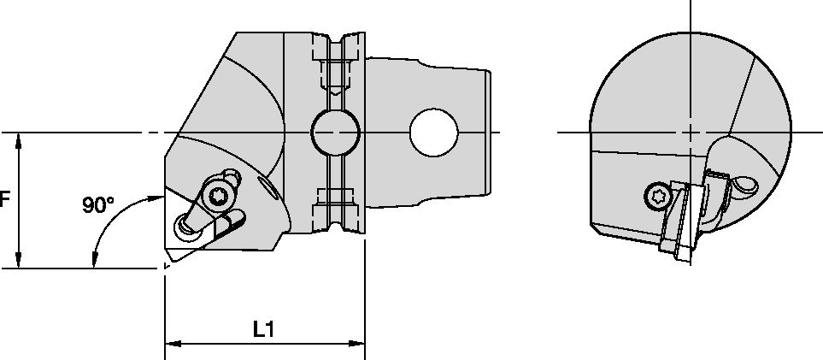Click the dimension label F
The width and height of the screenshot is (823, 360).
click(x=5, y=200)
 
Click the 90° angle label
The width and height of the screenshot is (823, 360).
click(x=98, y=205)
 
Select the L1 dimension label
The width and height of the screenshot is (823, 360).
click(x=263, y=329)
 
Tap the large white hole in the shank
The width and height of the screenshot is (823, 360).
click(x=433, y=133)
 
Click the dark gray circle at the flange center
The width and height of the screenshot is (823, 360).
click(x=334, y=133)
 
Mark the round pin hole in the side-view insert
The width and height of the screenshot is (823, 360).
click(x=185, y=224)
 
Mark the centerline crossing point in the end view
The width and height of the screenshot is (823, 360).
click(x=691, y=133)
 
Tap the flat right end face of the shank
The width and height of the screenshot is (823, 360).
click(x=491, y=133)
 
